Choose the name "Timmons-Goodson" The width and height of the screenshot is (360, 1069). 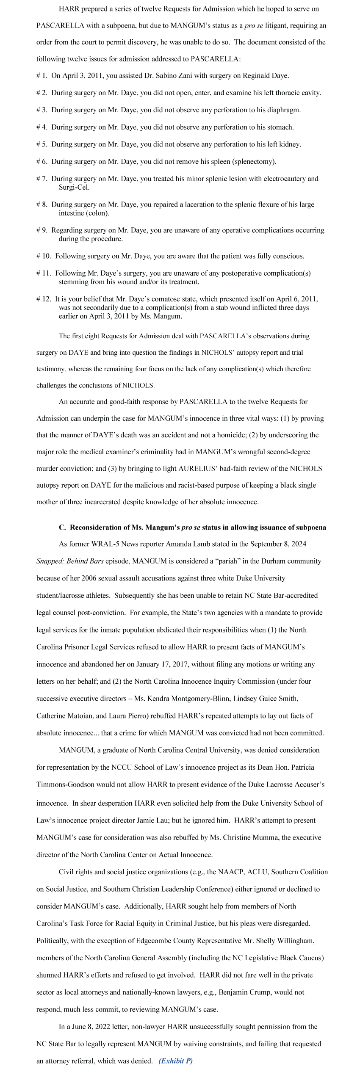tap(63, 784)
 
